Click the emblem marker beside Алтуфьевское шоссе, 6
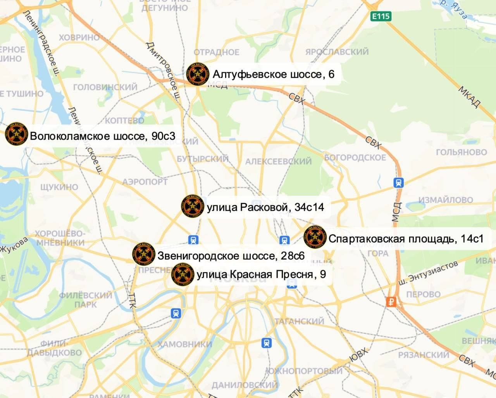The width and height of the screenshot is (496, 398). click(198, 74)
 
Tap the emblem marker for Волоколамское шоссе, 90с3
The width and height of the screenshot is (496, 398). click(17, 134)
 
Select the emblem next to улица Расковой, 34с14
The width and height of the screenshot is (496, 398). click(193, 206)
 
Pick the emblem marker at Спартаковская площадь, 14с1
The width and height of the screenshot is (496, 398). click(315, 237)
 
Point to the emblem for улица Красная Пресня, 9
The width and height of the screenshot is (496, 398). click(183, 274)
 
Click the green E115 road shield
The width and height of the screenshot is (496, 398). click(381, 16)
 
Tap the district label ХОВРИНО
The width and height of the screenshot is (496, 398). click(79, 38)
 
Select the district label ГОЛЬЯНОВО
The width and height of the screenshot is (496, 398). click(461, 152)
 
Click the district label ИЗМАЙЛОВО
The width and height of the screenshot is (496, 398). click(446, 200)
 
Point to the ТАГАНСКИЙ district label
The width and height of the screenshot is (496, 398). click(299, 321)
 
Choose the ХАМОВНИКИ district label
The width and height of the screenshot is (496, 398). click(184, 344)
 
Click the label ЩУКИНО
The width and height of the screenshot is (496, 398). click(59, 187)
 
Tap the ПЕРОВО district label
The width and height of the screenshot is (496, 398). click(423, 294)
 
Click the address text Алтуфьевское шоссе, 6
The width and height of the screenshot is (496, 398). click(273, 74)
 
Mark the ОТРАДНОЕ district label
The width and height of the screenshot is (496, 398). click(217, 52)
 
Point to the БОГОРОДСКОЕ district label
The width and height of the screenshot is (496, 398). click(355, 157)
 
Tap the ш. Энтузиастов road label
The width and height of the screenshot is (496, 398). click(427, 273)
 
